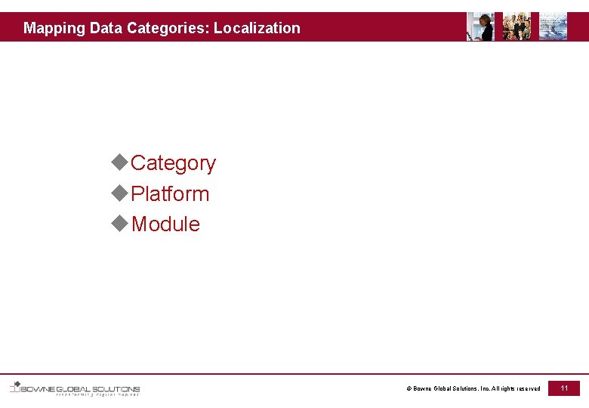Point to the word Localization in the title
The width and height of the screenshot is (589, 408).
tap(257, 29)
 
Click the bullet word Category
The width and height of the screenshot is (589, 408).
tap(174, 163)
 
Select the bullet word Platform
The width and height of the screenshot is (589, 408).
tap(170, 194)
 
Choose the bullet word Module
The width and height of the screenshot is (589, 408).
tap(165, 224)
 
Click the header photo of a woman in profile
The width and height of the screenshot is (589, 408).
tap(480, 26)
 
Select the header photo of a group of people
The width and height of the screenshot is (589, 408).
tap(517, 26)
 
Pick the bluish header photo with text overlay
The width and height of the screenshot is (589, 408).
tap(553, 26)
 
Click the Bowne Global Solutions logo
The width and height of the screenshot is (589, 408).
tap(76, 388)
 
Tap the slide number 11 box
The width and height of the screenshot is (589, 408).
tap(564, 388)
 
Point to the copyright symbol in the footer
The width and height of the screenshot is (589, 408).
tap(409, 389)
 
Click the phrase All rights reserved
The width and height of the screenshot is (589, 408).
tap(517, 389)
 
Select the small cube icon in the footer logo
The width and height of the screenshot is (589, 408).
tap(15, 386)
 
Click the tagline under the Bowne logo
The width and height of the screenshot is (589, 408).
tap(97, 394)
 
